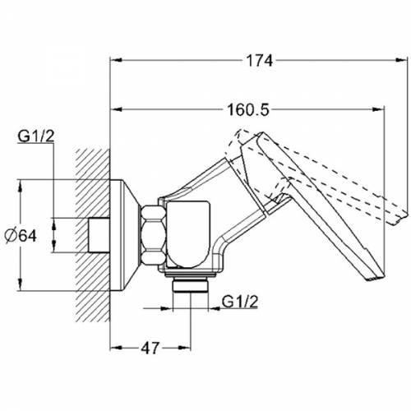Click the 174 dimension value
[260, 61]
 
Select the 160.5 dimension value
[248, 110]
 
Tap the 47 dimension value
[150, 349]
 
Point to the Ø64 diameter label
[21, 236]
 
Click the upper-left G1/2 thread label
[36, 136]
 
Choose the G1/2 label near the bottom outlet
[240, 302]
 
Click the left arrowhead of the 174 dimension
[116, 60]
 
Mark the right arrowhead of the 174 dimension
[402, 60]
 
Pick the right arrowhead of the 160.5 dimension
[378, 109]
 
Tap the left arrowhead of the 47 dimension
[116, 348]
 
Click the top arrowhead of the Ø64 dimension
[20, 186]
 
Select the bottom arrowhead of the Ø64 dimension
[20, 284]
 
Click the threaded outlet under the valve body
[191, 286]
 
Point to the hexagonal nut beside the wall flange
[154, 235]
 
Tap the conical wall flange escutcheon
[125, 235]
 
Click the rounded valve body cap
[188, 234]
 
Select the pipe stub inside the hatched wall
[99, 235]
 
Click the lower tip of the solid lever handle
[376, 278]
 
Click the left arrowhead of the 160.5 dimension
[116, 109]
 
